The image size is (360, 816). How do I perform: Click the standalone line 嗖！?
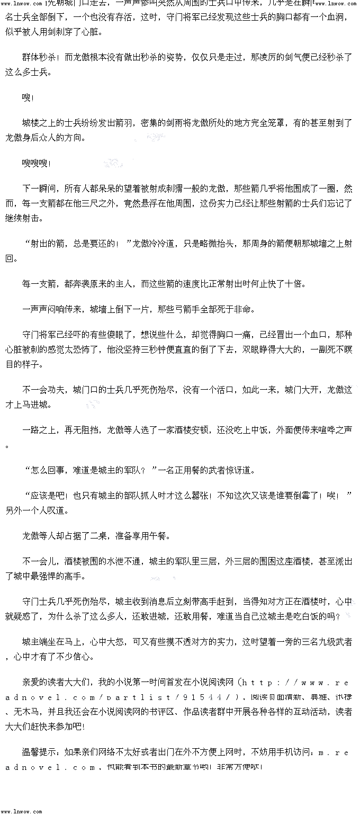coord(28,98)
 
